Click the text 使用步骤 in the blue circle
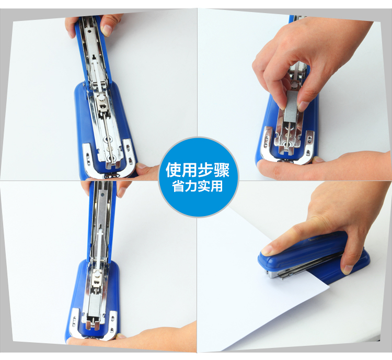click(x=198, y=170)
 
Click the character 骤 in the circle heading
click(x=221, y=170)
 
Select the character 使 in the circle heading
click(x=174, y=170)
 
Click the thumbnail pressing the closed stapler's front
click(x=267, y=249)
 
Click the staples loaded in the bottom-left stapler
click(x=94, y=307)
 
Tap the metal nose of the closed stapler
click(x=272, y=274)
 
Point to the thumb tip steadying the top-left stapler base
click(x=143, y=166)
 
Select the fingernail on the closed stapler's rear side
click(x=348, y=269)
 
